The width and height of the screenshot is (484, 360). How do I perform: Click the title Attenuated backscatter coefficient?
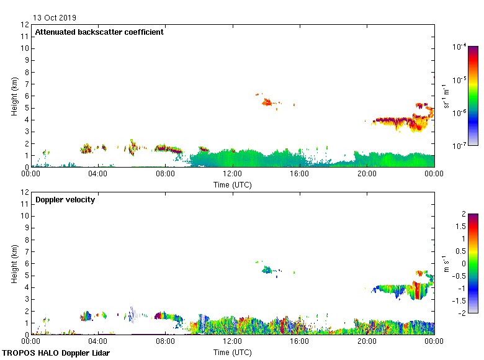(x=99, y=32)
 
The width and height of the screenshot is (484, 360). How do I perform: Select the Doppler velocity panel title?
(x=65, y=200)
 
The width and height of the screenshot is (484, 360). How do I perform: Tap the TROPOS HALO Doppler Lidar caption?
(x=56, y=353)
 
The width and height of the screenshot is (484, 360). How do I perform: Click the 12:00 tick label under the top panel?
(x=232, y=174)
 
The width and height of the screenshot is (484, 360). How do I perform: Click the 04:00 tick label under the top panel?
(x=98, y=174)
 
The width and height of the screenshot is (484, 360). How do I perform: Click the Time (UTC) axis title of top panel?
(x=232, y=184)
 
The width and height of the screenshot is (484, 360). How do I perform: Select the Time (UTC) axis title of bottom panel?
(x=232, y=352)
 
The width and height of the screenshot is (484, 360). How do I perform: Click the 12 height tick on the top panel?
(x=25, y=25)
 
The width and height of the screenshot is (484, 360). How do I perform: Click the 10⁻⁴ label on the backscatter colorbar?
(x=459, y=47)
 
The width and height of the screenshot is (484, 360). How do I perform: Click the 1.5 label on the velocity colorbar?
(x=460, y=227)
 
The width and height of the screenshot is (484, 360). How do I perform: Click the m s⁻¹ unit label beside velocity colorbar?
(x=445, y=263)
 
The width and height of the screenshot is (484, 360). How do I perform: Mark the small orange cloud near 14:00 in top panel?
(x=267, y=102)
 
